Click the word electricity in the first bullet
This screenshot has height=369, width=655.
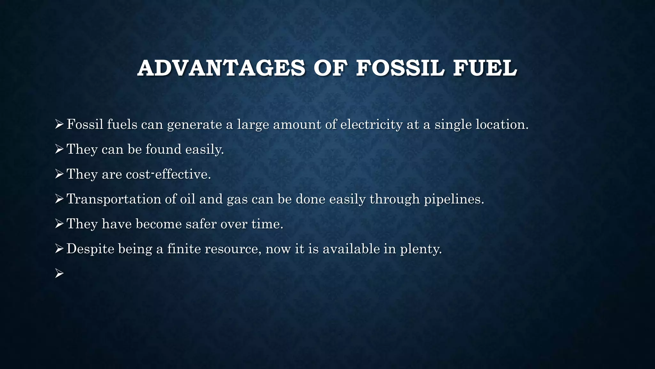(x=371, y=125)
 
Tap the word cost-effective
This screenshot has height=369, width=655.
(x=166, y=174)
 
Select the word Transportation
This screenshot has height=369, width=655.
(x=114, y=199)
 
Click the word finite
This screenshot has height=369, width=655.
(x=184, y=249)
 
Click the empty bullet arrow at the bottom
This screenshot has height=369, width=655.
(x=59, y=274)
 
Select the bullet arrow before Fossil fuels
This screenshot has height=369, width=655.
(x=59, y=124)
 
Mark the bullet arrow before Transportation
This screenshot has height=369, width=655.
(x=59, y=199)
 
